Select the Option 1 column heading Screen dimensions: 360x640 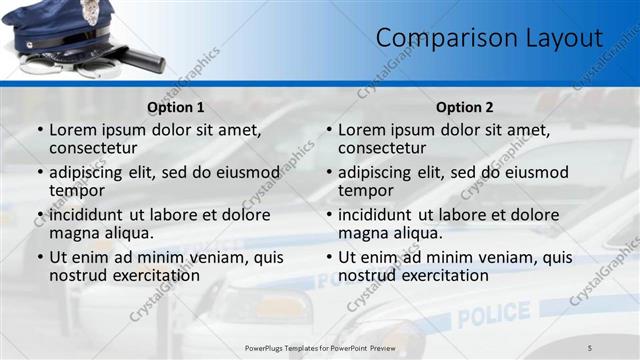pos(176,107)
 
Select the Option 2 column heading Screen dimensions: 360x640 pos(465,107)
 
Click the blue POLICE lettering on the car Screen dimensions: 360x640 pos(494,314)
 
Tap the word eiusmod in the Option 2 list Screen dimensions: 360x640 pos(531,172)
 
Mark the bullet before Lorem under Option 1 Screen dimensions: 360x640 pos(40,130)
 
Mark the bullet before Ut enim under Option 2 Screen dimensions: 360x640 pos(329,257)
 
